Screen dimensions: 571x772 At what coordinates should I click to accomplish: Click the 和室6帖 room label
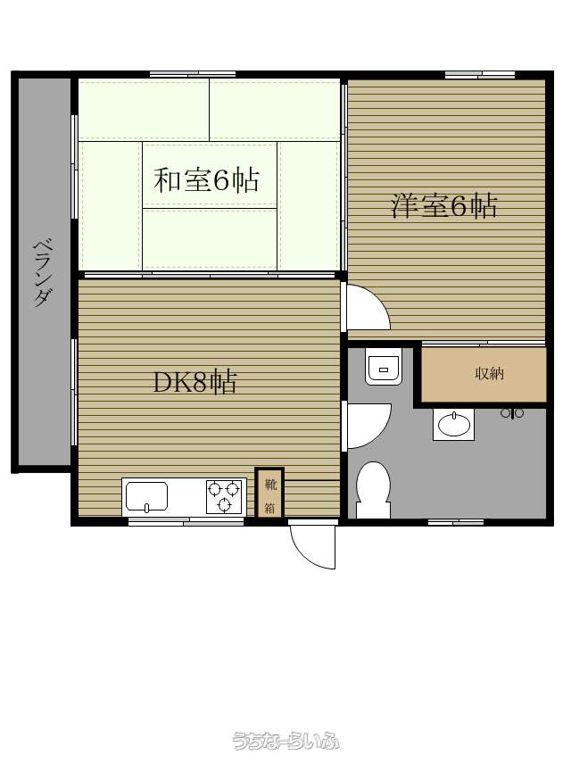[x=206, y=180]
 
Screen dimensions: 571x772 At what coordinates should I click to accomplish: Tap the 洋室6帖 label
[x=444, y=205]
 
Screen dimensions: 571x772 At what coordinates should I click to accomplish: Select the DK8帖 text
[x=195, y=382]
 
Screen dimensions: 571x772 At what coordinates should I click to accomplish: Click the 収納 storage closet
[x=484, y=375]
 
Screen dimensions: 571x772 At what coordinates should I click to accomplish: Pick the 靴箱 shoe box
[x=269, y=493]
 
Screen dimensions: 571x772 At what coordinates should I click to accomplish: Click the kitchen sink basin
[x=146, y=496]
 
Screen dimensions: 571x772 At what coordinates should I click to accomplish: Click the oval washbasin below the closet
[x=454, y=424]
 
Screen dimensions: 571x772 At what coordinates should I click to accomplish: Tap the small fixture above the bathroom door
[x=384, y=366]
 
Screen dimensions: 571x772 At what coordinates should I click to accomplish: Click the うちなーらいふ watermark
[x=285, y=740]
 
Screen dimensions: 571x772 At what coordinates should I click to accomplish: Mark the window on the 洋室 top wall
[x=480, y=75]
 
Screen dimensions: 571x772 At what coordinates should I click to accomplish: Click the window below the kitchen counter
[x=186, y=522]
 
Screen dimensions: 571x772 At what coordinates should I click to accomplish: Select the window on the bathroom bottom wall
[x=456, y=522]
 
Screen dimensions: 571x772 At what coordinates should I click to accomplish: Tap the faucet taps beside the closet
[x=512, y=413]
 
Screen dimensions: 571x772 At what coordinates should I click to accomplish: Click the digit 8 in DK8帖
[x=199, y=383]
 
